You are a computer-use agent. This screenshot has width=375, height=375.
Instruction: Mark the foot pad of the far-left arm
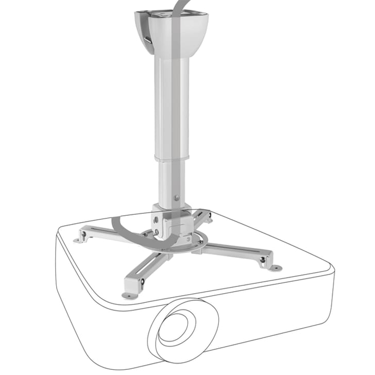pos(78,240)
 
